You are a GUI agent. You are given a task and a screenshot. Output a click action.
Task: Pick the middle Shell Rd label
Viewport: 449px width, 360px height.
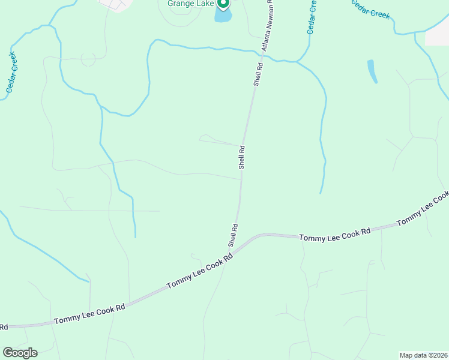coord(242,157)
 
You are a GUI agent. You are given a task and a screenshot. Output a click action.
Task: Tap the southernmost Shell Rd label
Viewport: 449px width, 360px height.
coord(233,235)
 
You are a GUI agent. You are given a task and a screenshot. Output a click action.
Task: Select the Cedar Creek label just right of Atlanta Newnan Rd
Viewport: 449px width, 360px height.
coord(311,17)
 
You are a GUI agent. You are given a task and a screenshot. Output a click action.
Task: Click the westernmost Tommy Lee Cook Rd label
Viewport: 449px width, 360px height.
coord(89,313)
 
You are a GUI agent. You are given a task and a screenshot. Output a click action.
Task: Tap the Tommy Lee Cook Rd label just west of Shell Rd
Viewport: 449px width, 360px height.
coord(199,271)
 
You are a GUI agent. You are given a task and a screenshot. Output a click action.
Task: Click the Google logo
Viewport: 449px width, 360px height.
coord(20,353)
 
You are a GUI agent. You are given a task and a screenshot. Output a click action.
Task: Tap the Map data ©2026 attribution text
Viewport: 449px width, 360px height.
coord(423,355)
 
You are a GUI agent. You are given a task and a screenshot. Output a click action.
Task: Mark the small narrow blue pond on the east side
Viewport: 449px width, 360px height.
coord(372,71)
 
